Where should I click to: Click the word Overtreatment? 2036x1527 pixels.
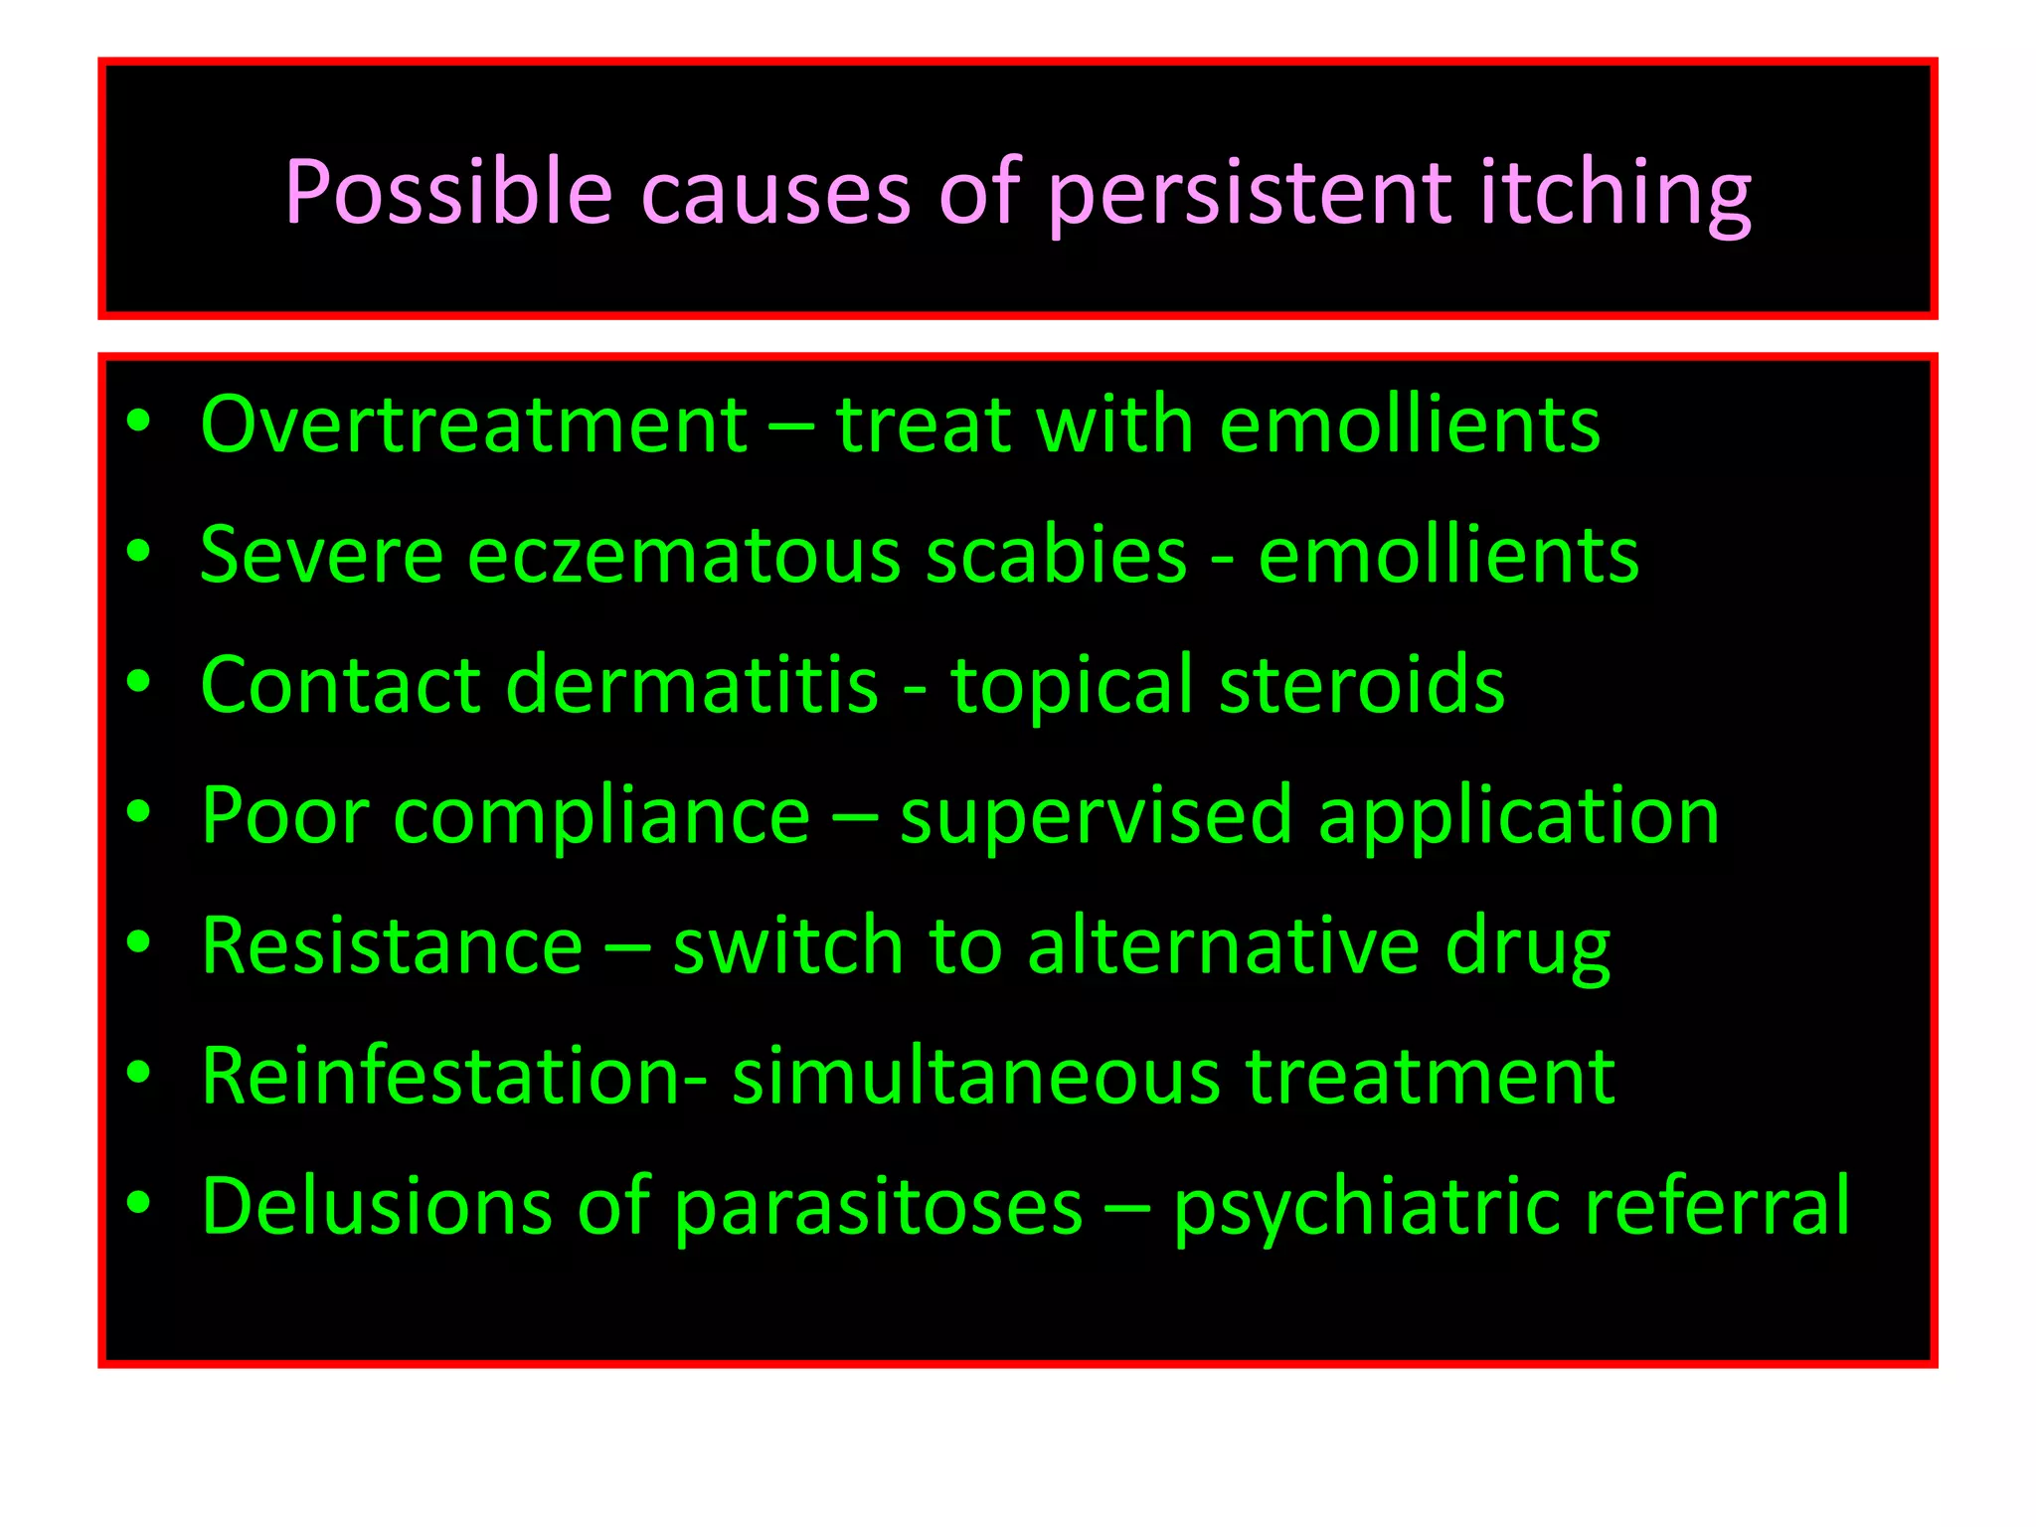click(473, 425)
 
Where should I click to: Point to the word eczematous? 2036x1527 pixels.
click(684, 555)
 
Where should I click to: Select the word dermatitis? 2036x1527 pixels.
click(692, 685)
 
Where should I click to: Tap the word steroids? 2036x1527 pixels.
click(1361, 685)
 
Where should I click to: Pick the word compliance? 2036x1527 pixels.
click(602, 816)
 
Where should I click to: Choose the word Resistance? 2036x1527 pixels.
click(392, 945)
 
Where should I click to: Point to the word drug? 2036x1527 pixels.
click(1527, 945)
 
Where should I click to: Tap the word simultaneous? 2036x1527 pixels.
click(975, 1077)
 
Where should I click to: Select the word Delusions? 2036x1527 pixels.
click(376, 1207)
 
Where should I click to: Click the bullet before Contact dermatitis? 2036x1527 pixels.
click(138, 682)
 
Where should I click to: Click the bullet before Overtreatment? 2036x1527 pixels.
click(138, 422)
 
